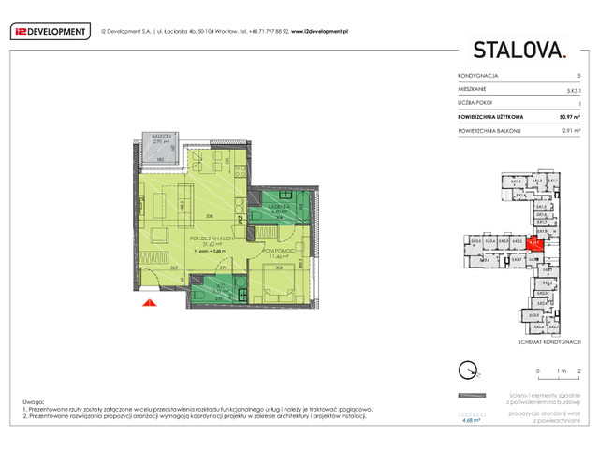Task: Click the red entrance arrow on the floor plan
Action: [x=147, y=301]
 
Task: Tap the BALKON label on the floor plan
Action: [x=161, y=137]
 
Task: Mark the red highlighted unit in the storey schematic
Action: [x=533, y=243]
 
